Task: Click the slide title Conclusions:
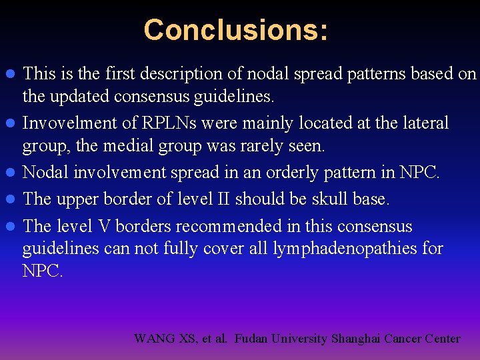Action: [x=236, y=30]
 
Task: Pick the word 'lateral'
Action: [x=423, y=123]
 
